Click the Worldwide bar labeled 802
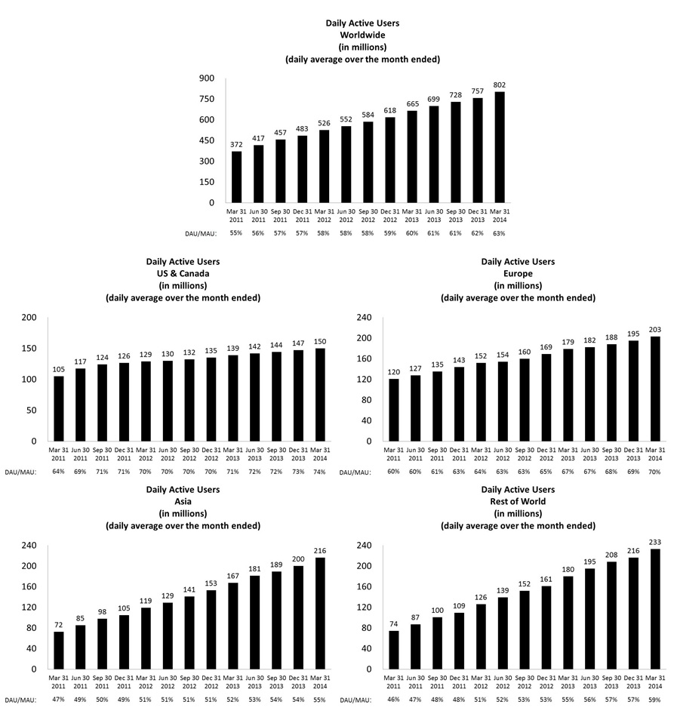pyautogui.click(x=499, y=147)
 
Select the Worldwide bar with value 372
pyautogui.click(x=236, y=177)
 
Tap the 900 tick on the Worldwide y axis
pyautogui.click(x=206, y=78)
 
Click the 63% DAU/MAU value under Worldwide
pyautogui.click(x=499, y=234)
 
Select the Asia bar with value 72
pyautogui.click(x=59, y=650)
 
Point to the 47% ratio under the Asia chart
pyautogui.click(x=59, y=700)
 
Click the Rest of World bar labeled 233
pyautogui.click(x=654, y=608)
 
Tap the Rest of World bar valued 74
pyautogui.click(x=394, y=649)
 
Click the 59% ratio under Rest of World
pyautogui.click(x=654, y=700)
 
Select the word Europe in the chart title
pyautogui.click(x=518, y=274)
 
